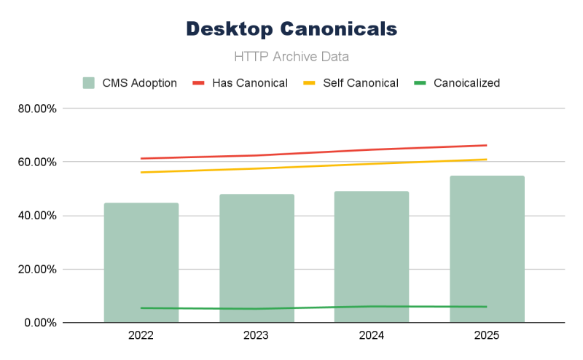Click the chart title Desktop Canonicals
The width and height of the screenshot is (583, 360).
(291, 28)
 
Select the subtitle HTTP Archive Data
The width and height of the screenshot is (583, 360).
(291, 56)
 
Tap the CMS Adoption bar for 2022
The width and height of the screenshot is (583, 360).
(141, 262)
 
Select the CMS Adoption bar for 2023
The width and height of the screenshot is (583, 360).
(257, 258)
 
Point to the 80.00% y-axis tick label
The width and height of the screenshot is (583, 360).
(39, 109)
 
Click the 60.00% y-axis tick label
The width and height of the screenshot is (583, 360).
(39, 162)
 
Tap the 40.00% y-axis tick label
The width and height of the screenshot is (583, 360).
(39, 216)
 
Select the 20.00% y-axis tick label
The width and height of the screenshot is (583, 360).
(39, 269)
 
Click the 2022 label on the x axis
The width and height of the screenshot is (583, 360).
(141, 337)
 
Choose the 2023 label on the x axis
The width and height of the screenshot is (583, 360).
(257, 337)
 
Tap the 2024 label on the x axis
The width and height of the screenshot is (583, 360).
(372, 337)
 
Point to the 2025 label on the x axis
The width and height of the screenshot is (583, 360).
(487, 337)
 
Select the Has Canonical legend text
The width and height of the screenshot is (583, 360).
(250, 83)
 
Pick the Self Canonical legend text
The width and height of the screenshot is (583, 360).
(361, 83)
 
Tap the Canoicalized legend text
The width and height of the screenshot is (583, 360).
(466, 83)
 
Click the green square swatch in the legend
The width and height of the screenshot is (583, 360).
(88, 83)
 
